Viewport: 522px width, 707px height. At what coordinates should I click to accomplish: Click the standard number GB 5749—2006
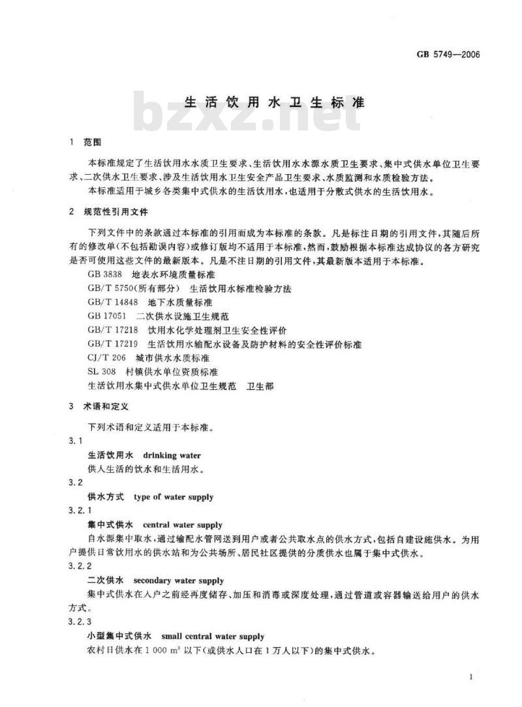click(447, 55)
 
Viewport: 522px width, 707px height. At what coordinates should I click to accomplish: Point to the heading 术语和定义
click(107, 405)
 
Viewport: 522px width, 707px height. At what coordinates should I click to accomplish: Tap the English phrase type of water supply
click(173, 497)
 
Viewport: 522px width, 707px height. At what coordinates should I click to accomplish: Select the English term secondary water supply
click(178, 580)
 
